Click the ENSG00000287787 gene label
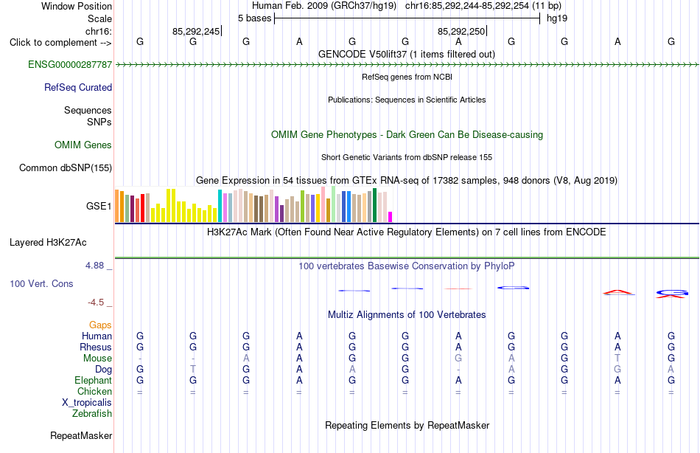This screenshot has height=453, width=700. point(70,64)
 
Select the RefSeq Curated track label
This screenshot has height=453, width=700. point(78,87)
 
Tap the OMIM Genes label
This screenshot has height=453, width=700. point(83,145)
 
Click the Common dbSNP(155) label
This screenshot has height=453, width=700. point(66,167)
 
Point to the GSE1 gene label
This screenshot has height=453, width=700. point(99,206)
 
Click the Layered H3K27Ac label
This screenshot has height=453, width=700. point(48,243)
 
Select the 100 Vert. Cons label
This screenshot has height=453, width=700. point(41,283)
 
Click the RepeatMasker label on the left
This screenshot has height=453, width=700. point(81,435)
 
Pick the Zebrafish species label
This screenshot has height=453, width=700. point(92,413)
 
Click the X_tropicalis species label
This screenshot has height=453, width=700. point(87,403)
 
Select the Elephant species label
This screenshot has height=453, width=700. point(94,380)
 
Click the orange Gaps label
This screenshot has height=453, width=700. point(100,325)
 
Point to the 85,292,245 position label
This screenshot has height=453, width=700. point(196,31)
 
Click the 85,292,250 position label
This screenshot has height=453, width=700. point(461,31)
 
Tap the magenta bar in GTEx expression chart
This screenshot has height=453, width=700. point(391,217)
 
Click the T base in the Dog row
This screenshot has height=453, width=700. point(193,369)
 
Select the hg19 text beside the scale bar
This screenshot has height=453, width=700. point(557,18)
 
